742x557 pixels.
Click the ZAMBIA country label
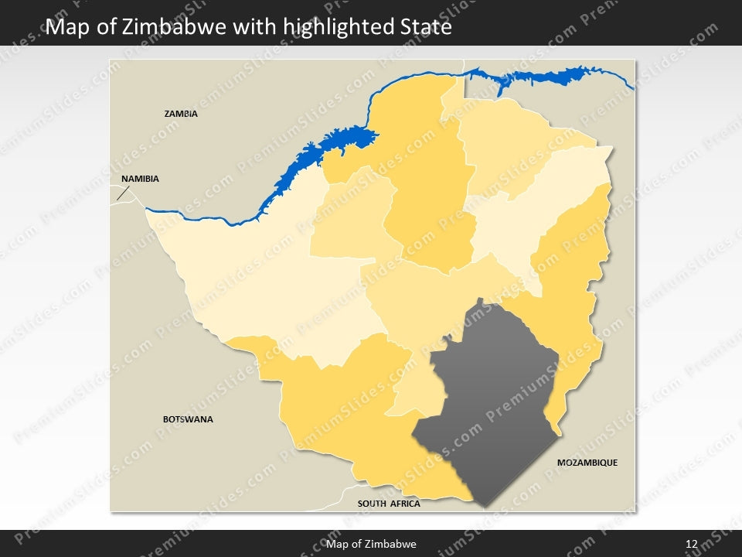pos(181,114)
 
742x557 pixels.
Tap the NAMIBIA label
pos(140,179)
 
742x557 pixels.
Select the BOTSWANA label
pos(188,419)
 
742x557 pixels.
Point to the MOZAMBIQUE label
pos(587,463)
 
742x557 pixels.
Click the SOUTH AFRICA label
pos(389,504)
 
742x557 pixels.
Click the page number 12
pos(692,544)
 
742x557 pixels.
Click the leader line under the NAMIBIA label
pos(122,193)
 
